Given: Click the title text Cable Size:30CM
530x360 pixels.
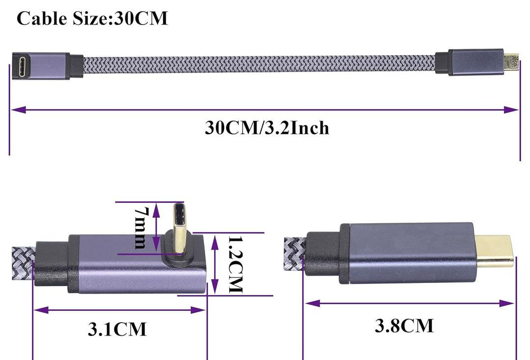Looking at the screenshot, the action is [92, 18].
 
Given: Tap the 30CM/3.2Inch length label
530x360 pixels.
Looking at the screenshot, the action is [266, 128].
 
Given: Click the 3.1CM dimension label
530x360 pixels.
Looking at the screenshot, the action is [117, 329].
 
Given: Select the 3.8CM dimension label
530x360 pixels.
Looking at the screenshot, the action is [404, 326].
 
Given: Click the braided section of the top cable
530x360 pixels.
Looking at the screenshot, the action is [259, 65].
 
